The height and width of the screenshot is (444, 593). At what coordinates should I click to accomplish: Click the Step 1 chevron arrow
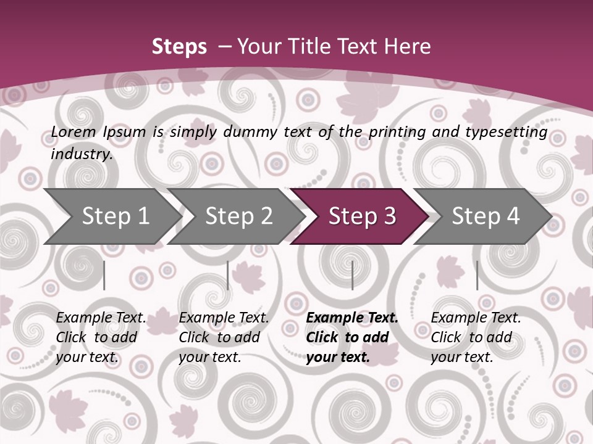tap(111, 216)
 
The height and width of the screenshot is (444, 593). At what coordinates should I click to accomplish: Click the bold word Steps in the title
tap(179, 47)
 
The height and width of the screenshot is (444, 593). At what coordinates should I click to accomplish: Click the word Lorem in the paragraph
tap(73, 131)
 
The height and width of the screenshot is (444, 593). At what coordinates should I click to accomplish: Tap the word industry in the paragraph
tap(82, 154)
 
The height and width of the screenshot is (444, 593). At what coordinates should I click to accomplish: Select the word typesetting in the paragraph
tap(511, 132)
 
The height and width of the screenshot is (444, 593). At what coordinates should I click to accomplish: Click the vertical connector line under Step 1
tap(104, 275)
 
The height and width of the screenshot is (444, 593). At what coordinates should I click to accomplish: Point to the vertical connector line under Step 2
tap(228, 275)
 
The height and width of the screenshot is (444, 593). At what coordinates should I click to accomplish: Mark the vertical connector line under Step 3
tap(352, 275)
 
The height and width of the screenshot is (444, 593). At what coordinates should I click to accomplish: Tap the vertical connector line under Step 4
tap(477, 275)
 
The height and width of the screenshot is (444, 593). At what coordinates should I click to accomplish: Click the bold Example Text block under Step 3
tap(351, 337)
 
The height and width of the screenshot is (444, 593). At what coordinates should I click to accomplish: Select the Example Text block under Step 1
tap(101, 337)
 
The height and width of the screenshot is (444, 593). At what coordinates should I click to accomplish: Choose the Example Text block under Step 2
tap(224, 337)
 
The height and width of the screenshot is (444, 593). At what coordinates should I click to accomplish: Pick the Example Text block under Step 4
tap(476, 337)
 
